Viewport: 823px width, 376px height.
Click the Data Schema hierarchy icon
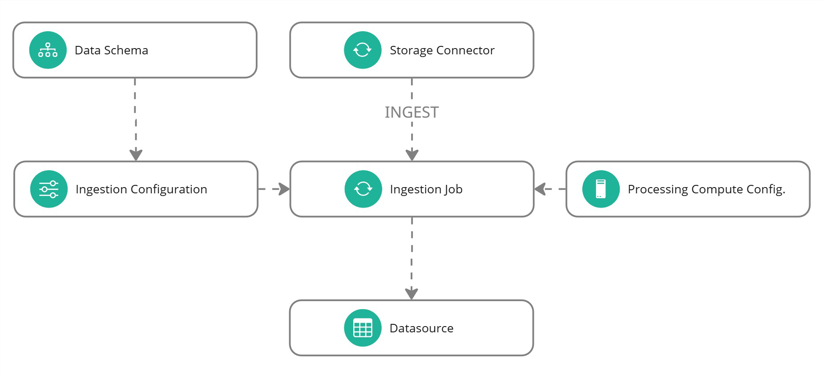(x=48, y=50)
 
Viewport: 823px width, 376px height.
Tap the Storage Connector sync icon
(x=363, y=50)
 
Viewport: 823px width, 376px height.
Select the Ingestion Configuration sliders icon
(x=49, y=189)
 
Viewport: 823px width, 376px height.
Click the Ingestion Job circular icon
(x=363, y=189)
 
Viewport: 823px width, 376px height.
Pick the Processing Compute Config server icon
(x=601, y=189)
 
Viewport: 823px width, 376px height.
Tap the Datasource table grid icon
(x=363, y=328)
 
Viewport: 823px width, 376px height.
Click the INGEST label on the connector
(x=411, y=112)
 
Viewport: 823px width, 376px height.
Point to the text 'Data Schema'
(x=111, y=50)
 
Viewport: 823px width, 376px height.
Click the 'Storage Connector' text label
(x=442, y=50)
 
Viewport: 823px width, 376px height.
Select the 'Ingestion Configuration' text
(x=141, y=189)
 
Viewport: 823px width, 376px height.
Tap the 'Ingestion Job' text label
(x=426, y=189)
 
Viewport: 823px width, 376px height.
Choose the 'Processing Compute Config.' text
(x=706, y=189)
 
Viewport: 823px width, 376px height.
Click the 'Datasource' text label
(x=421, y=328)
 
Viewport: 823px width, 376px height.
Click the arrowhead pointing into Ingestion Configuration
(x=136, y=155)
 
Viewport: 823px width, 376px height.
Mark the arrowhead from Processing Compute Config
(x=540, y=189)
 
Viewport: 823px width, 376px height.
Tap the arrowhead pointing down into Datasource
(x=411, y=294)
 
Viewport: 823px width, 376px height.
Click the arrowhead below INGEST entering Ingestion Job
(x=412, y=155)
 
